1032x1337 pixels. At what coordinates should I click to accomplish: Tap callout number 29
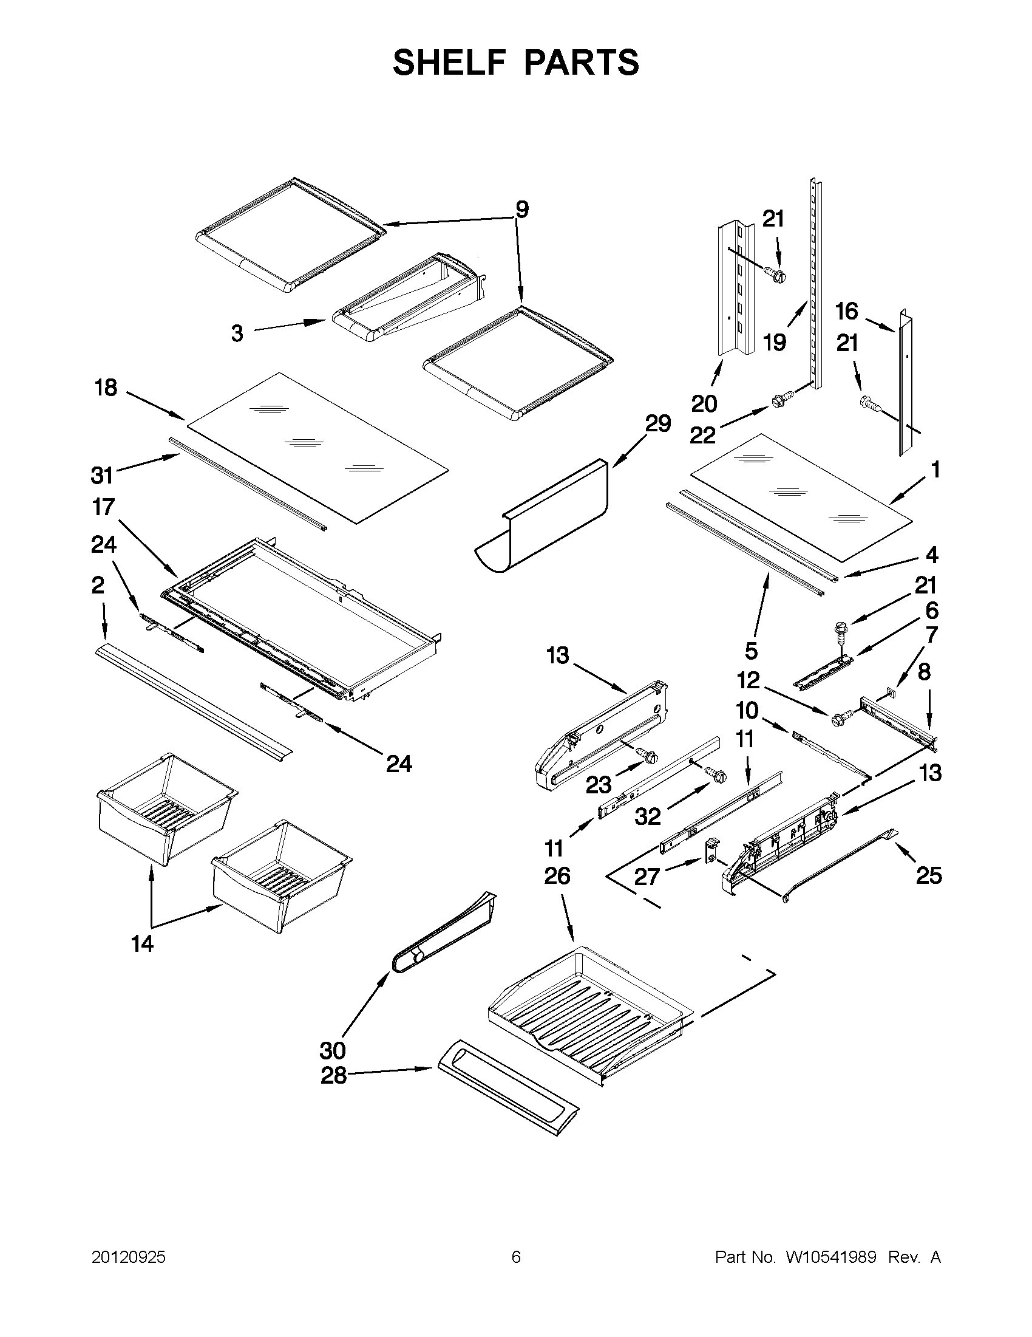657,423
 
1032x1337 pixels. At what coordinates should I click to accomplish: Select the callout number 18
106,388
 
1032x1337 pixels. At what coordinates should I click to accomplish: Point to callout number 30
333,1050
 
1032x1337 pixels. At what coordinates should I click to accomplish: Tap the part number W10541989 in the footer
830,1257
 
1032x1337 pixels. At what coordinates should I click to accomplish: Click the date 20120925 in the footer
129,1257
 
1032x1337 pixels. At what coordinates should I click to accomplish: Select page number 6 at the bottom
515,1257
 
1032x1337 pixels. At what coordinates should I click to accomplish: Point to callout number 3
237,333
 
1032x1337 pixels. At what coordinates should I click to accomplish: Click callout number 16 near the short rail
847,312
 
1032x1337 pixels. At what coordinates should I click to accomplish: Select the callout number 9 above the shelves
521,210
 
